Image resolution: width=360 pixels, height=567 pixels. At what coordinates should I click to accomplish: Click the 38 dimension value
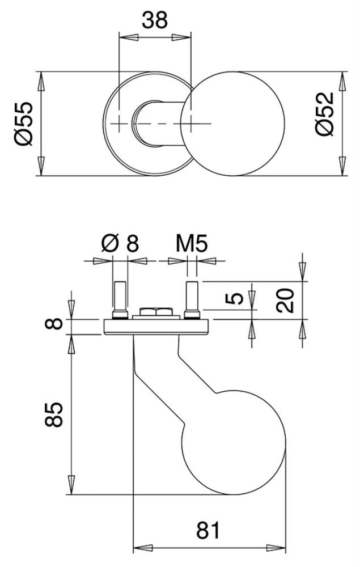coord(155,20)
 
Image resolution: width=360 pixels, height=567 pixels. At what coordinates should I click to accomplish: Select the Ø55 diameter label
coord(24,124)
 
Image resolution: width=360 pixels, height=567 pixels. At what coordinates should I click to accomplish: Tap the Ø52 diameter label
coord(324,114)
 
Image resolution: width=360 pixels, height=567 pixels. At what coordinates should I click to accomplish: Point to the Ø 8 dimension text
coord(120,243)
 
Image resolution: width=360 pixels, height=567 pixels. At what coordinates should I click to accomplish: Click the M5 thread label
coord(192,244)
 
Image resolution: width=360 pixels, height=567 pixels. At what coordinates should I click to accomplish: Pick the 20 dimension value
coord(285,300)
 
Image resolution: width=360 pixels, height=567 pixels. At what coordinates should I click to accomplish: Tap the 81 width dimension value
coord(208,531)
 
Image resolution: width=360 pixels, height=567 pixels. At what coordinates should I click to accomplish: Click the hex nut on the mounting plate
coord(156,311)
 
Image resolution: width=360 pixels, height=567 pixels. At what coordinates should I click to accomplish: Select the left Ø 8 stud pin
coord(120,300)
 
